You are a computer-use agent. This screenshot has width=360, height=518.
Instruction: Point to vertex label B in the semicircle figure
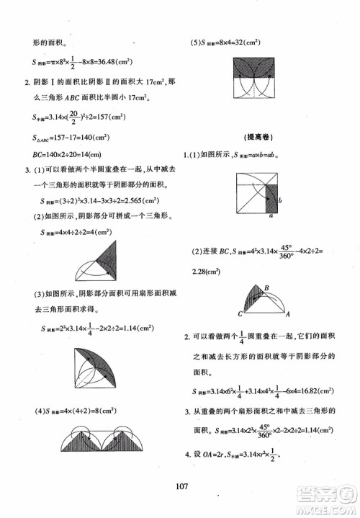coord(266,287)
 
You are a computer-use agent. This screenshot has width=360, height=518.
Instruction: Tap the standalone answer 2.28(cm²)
coord(210,271)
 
